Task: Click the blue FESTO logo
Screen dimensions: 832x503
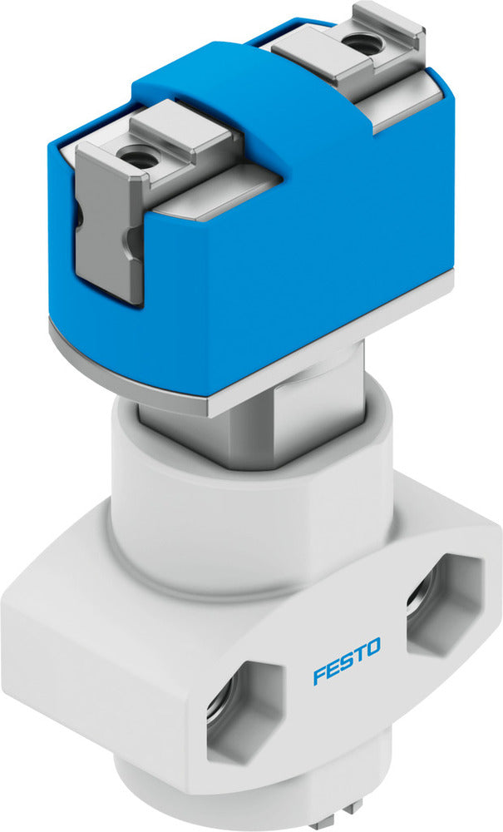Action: coord(347,660)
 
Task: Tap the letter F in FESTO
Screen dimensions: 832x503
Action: coord(319,675)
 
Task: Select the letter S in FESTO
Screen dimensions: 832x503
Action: coord(347,660)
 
